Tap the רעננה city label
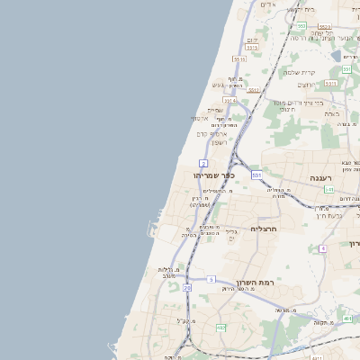(x=322, y=177)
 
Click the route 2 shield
(x=205, y=162)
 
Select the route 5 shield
(x=211, y=280)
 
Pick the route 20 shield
(x=187, y=288)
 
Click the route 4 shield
(x=322, y=247)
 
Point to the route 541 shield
(x=329, y=190)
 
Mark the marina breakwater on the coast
(x=153, y=221)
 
